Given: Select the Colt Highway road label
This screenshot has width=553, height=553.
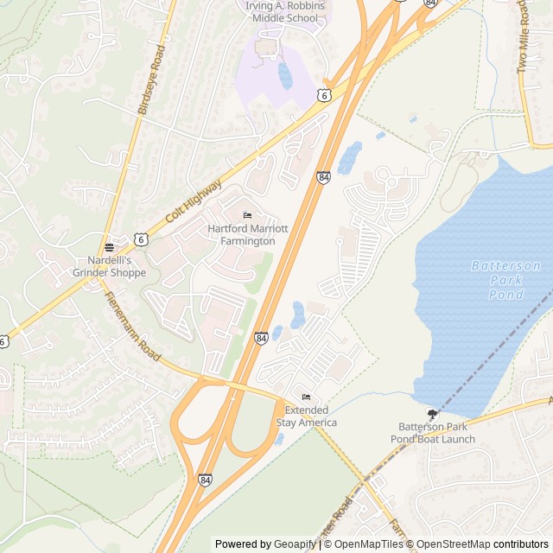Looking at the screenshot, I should pyautogui.click(x=193, y=204).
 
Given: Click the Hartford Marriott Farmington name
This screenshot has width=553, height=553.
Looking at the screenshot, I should pyautogui.click(x=241, y=235).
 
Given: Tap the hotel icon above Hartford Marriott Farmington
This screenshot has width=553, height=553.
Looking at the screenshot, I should pyautogui.click(x=248, y=215).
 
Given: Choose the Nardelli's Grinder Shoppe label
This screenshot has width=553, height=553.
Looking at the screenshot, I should pyautogui.click(x=117, y=266).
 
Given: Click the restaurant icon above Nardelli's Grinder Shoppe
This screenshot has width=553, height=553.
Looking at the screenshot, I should pyautogui.click(x=109, y=246).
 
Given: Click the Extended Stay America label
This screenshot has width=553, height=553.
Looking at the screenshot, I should pyautogui.click(x=306, y=416).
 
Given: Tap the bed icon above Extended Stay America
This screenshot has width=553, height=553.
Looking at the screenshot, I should pyautogui.click(x=302, y=397).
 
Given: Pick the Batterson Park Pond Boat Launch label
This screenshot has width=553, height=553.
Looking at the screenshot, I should pyautogui.click(x=436, y=433).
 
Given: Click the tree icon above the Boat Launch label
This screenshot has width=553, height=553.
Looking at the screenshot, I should pyautogui.click(x=432, y=414).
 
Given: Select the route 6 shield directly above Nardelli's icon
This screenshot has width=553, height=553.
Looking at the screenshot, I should pyautogui.click(x=140, y=238).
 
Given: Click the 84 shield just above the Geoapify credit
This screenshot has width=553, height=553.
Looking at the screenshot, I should pyautogui.click(x=205, y=480).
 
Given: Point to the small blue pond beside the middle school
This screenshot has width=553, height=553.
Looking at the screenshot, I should pyautogui.click(x=285, y=75).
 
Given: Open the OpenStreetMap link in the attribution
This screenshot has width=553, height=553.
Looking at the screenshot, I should pyautogui.click(x=455, y=544).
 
